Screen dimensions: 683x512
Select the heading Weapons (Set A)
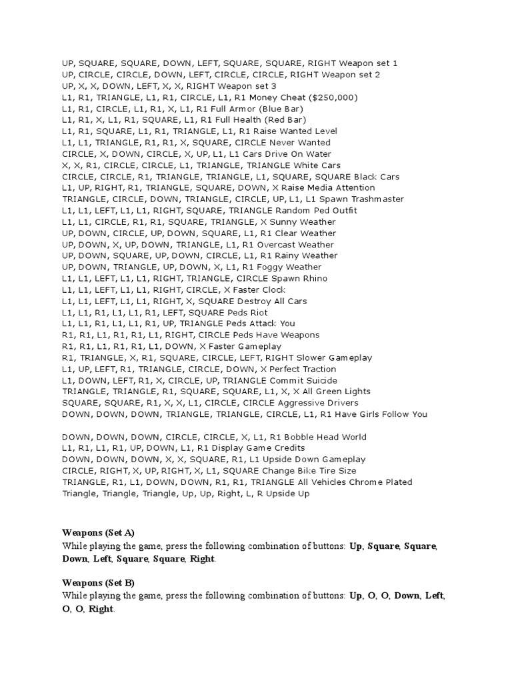click(98, 532)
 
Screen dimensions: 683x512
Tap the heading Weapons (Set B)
click(98, 583)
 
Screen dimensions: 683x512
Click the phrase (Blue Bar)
click(279, 109)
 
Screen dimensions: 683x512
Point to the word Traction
click(314, 369)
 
